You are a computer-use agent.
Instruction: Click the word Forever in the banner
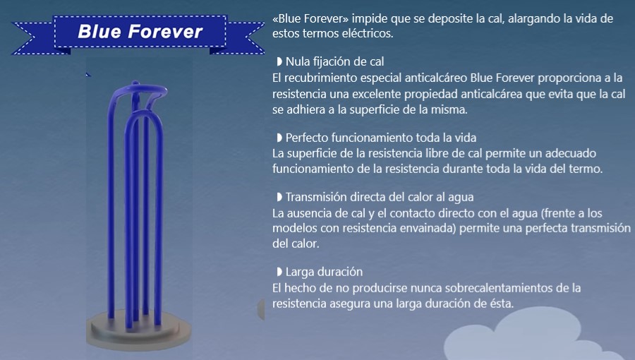[x=165, y=32]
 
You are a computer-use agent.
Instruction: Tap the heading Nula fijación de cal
[x=334, y=61]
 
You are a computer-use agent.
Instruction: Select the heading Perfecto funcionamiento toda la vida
[x=381, y=138]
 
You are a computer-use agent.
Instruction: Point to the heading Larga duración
[x=324, y=272]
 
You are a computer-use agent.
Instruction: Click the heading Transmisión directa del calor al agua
[x=380, y=197]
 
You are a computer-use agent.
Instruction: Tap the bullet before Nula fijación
[x=279, y=61]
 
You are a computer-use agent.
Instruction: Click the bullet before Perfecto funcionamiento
[x=279, y=138]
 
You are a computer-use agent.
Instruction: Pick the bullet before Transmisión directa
[x=279, y=197]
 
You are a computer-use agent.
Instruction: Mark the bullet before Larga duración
[x=279, y=272]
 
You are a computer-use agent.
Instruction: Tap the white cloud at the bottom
[x=534, y=336]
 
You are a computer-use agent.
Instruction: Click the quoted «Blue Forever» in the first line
[x=310, y=18]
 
